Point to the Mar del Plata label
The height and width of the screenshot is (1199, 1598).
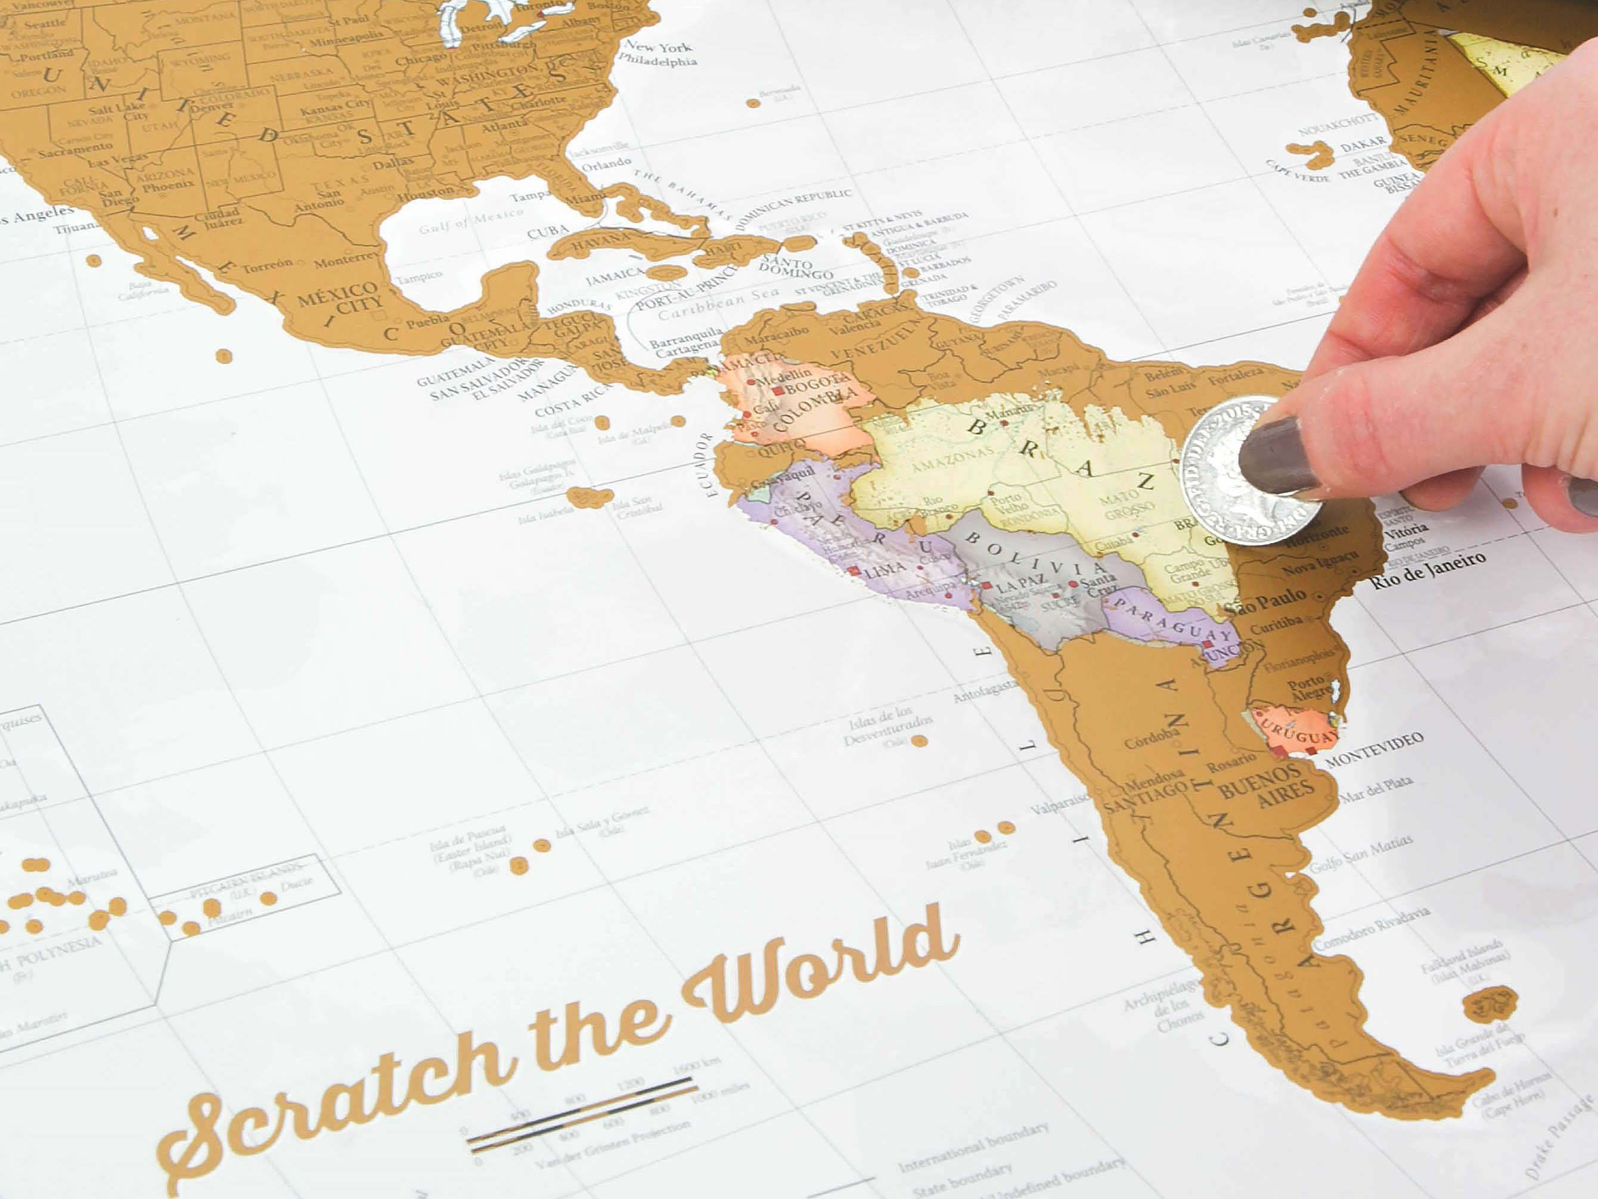pos(1376,791)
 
